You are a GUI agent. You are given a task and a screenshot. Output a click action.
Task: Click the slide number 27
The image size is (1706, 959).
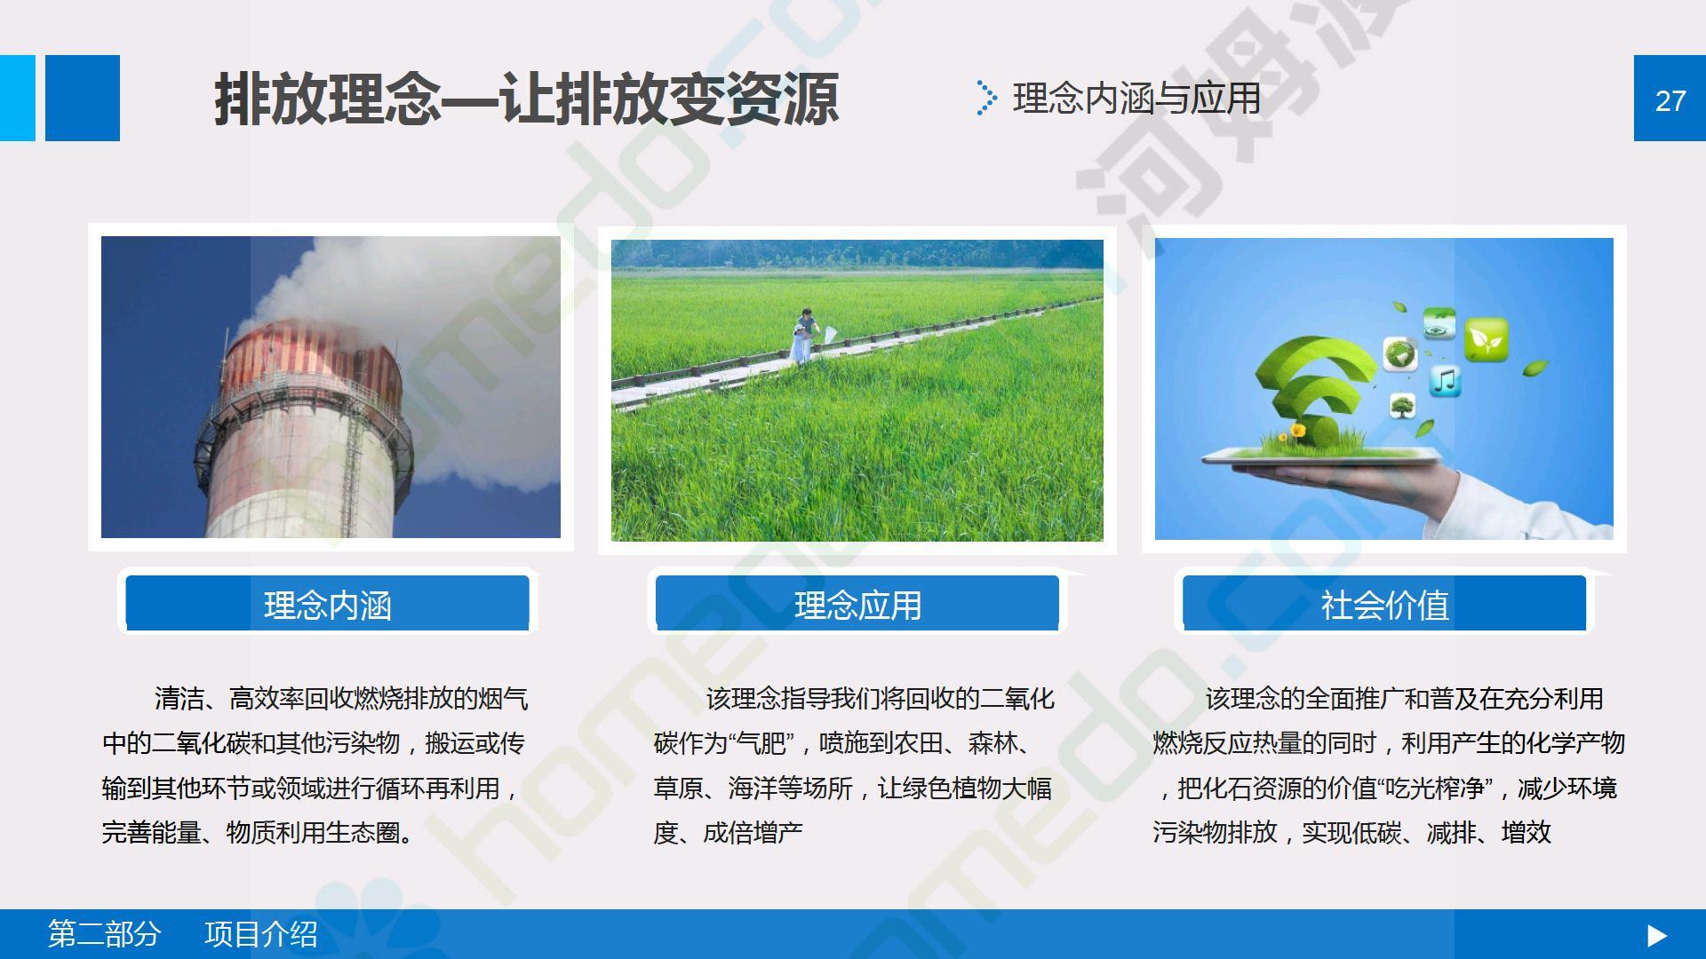(x=1670, y=100)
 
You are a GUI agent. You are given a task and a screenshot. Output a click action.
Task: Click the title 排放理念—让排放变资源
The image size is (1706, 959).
(x=526, y=99)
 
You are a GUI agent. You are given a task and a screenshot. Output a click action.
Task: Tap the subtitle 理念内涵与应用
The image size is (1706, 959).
(x=1136, y=99)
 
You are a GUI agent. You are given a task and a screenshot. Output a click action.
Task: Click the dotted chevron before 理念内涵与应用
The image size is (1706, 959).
(x=985, y=98)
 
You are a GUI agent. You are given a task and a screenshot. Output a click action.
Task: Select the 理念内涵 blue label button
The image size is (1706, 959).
(x=327, y=603)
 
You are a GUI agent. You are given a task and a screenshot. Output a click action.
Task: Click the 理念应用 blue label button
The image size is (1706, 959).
(x=857, y=603)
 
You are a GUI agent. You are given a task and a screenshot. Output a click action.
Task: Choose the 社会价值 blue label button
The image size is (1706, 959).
(x=1384, y=603)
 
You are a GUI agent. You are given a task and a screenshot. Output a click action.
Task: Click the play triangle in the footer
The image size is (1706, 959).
(x=1657, y=935)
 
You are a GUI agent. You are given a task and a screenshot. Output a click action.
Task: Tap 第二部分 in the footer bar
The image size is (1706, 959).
(x=104, y=934)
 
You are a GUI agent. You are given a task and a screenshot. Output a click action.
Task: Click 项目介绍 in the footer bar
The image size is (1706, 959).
(x=261, y=934)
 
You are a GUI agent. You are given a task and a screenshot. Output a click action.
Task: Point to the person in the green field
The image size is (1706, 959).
(x=804, y=335)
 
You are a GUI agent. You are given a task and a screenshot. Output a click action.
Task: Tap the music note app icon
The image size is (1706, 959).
(x=1445, y=381)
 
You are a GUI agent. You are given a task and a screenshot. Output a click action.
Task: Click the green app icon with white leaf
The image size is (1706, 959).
(x=1486, y=339)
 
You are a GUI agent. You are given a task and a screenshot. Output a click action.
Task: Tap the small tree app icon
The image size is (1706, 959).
(x=1403, y=407)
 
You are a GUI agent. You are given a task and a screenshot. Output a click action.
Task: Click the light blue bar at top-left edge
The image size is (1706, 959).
(x=18, y=98)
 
